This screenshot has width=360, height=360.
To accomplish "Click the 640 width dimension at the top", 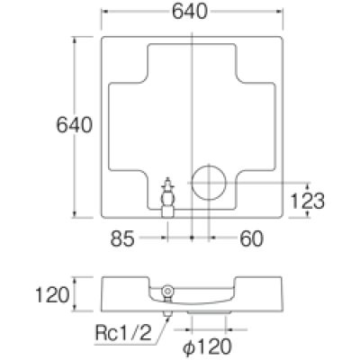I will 192,12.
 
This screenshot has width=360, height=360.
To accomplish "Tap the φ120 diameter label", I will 206,345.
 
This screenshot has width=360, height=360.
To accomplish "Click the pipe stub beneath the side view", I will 166,312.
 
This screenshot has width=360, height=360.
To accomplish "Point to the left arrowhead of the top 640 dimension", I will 103,12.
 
